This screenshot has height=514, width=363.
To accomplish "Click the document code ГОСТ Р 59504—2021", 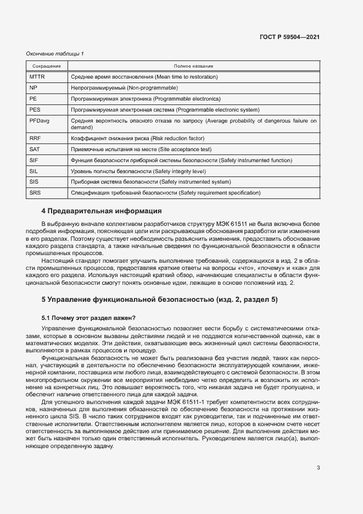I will [x=290, y=37].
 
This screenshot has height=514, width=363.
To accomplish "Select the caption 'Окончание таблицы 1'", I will [x=55, y=53].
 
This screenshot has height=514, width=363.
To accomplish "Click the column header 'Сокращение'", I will [x=46, y=66].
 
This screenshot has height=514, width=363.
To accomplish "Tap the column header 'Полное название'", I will [x=193, y=66].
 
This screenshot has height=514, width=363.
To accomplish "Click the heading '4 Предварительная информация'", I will [x=102, y=211].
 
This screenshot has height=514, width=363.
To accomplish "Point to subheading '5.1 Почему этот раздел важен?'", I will [x=88, y=318].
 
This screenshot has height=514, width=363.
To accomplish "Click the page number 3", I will [x=318, y=468].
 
